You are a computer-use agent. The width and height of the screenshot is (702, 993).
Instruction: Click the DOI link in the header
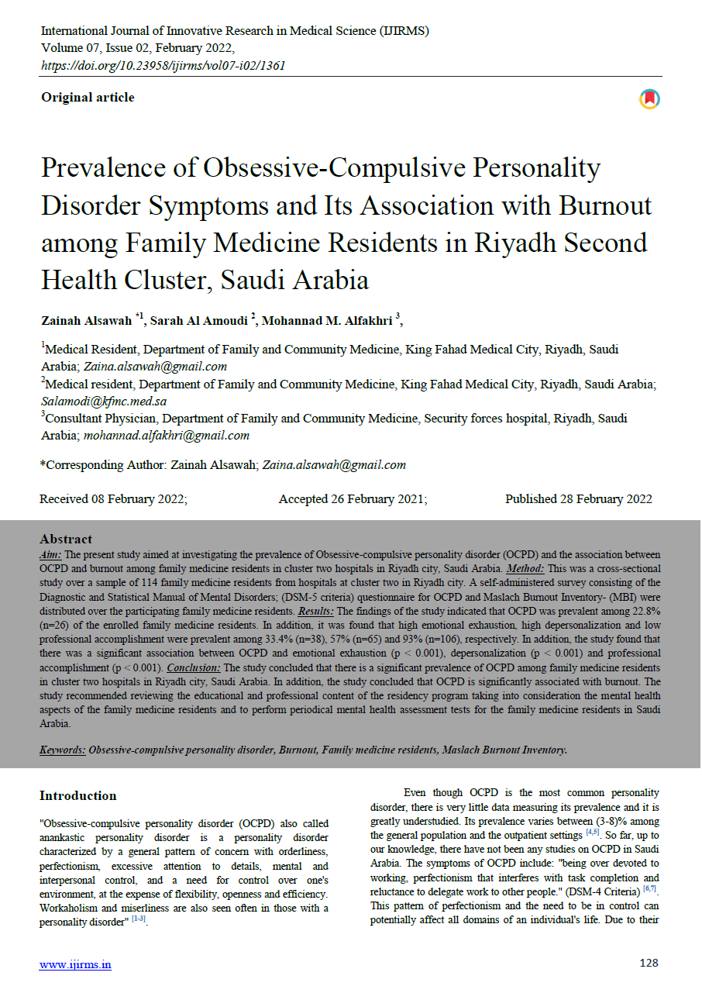pyautogui.click(x=163, y=65)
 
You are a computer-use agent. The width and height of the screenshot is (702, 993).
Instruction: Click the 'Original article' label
pyautogui.click(x=88, y=98)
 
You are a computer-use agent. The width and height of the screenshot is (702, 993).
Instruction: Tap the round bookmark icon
pyautogui.click(x=649, y=99)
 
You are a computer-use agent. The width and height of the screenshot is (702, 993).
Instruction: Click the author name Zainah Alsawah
pyautogui.click(x=87, y=321)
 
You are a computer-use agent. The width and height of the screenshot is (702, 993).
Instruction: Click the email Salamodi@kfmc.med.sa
pyautogui.click(x=104, y=402)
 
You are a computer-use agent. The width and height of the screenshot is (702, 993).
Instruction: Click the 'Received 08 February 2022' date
pyautogui.click(x=113, y=499)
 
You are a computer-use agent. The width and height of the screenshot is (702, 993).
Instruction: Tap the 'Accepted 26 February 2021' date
pyautogui.click(x=353, y=499)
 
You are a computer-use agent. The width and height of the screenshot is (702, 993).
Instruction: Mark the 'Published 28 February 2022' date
pyautogui.click(x=579, y=499)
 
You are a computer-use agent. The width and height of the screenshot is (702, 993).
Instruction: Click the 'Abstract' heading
pyautogui.click(x=66, y=540)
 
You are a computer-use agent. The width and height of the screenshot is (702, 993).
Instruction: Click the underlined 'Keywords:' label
pyautogui.click(x=63, y=750)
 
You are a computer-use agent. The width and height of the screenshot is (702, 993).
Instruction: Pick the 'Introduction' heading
pyautogui.click(x=78, y=795)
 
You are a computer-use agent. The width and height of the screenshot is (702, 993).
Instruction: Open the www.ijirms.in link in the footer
pyautogui.click(x=75, y=964)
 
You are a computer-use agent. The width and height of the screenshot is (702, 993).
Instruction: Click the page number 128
pyautogui.click(x=649, y=963)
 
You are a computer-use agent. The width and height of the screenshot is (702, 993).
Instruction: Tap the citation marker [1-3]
pyautogui.click(x=139, y=919)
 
